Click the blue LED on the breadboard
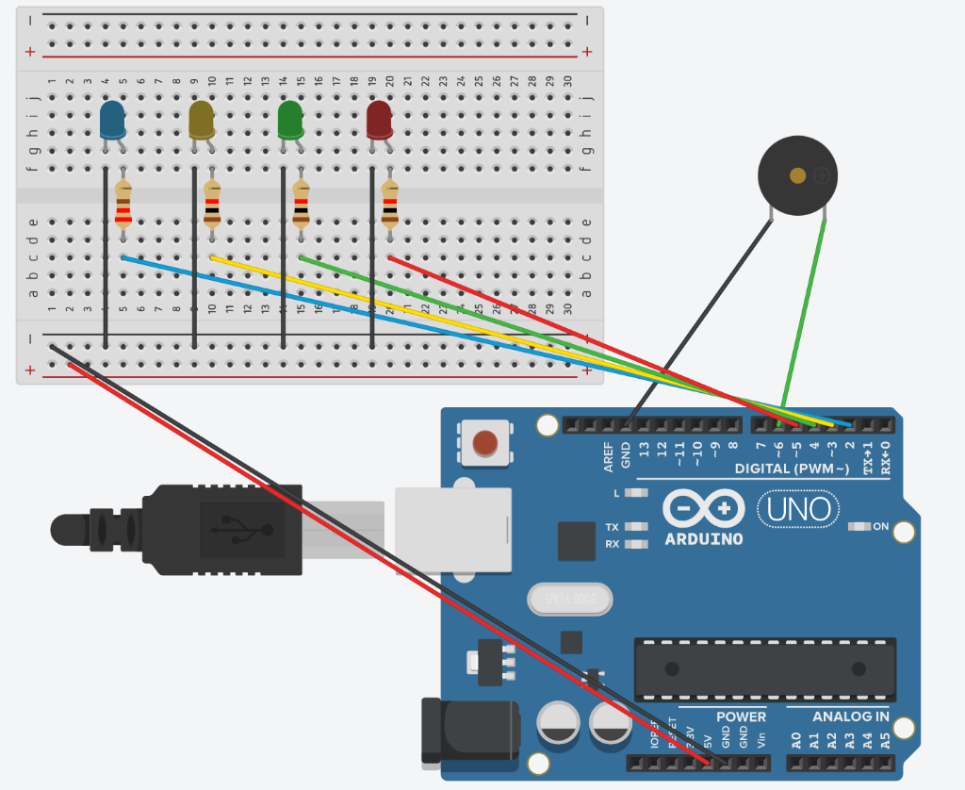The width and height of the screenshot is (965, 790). tap(112, 121)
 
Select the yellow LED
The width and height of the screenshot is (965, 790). tap(202, 121)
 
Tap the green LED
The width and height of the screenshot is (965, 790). tap(290, 121)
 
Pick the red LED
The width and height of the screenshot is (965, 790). tap(379, 121)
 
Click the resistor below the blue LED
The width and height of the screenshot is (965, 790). tap(123, 205)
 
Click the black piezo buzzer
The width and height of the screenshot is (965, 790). tap(797, 175)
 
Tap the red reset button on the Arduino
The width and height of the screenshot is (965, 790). tap(484, 443)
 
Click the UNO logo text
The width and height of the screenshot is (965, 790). tap(798, 510)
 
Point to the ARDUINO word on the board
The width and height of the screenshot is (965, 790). tap(703, 540)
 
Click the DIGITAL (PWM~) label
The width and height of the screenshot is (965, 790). tap(792, 469)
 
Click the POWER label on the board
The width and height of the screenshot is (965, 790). tap(741, 716)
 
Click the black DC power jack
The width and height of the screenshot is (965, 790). tap(469, 730)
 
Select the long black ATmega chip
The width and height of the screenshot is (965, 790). tap(764, 668)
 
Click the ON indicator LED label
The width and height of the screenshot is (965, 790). tap(880, 526)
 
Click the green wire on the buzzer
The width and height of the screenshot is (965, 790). tap(804, 311)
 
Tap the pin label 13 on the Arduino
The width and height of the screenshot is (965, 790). tap(645, 453)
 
